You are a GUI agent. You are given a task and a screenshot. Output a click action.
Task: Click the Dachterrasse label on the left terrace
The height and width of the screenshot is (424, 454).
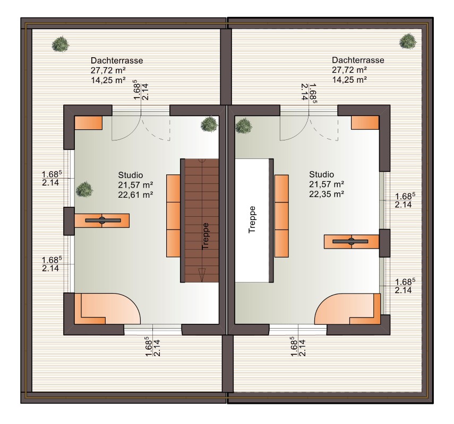[x=117, y=60]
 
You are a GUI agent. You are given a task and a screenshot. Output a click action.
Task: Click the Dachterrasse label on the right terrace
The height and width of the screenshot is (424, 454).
[x=358, y=60]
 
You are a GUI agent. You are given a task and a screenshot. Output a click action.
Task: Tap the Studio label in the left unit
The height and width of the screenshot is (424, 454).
[x=130, y=175]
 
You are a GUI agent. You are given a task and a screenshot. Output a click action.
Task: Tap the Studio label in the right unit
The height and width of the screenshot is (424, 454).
[x=321, y=174]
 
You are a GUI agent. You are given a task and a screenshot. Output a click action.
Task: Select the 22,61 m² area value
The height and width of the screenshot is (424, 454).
[x=135, y=195]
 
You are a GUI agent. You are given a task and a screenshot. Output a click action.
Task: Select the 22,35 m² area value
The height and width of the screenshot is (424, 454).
[x=327, y=194]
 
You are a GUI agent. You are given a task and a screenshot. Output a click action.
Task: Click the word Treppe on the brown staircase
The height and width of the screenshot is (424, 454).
[x=205, y=236]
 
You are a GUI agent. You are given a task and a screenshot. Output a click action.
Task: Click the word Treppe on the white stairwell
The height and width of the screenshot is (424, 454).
[x=252, y=219]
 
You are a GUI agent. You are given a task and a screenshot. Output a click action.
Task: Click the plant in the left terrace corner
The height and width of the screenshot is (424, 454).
[x=61, y=44]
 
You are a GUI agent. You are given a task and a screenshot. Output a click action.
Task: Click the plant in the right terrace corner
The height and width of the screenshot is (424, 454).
[x=408, y=41]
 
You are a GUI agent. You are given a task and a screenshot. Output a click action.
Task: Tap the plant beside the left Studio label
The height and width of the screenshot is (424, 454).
[x=84, y=189]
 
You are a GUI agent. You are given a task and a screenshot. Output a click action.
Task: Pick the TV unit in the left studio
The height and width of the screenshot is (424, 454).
[x=102, y=220]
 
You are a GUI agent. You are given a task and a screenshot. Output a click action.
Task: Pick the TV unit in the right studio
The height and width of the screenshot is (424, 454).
[x=352, y=241]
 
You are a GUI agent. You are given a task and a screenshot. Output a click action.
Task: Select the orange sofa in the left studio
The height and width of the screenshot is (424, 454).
[x=174, y=216]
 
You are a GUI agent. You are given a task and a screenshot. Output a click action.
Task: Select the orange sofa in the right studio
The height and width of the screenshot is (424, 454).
[x=281, y=216]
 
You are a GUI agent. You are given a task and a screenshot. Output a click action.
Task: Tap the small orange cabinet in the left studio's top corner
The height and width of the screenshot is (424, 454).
[x=88, y=123]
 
